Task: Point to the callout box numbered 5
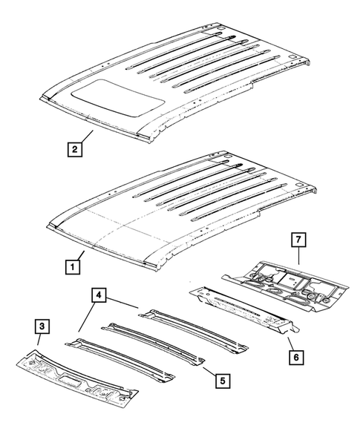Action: coord(220,381)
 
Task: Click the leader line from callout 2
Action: coord(84,137)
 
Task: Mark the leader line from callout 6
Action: coord(288,342)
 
